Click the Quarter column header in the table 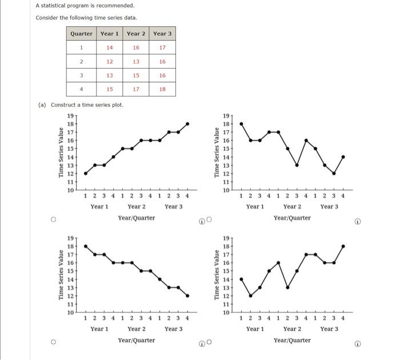click(x=81, y=34)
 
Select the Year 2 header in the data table click(x=136, y=34)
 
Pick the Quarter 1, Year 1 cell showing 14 click(x=110, y=47)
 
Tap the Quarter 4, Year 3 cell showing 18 click(x=163, y=89)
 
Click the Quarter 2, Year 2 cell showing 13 click(x=136, y=61)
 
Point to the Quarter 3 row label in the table click(x=81, y=75)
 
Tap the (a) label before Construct click(x=42, y=105)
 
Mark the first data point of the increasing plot click(x=86, y=173)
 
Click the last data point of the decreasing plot click(x=187, y=295)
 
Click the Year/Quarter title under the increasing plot click(x=137, y=218)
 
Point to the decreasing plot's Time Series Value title click(x=61, y=275)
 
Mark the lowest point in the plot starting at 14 click(x=251, y=295)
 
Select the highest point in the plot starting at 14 click(x=343, y=246)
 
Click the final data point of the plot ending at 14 click(x=343, y=157)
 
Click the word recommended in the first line click(x=102, y=6)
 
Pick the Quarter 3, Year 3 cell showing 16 click(x=163, y=75)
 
